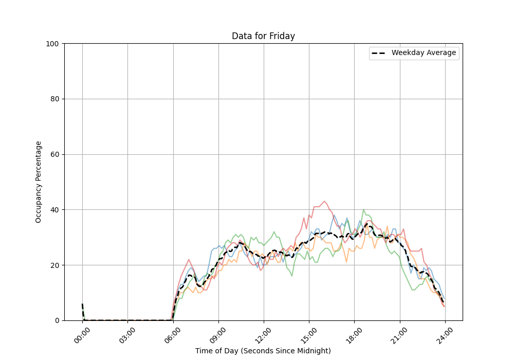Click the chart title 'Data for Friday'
pyautogui.click(x=263, y=36)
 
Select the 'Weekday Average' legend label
pyautogui.click(x=424, y=53)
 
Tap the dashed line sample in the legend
pyautogui.click(x=380, y=53)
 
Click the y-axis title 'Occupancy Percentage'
pyautogui.click(x=39, y=182)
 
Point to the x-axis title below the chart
pyautogui.click(x=263, y=351)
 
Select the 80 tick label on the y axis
pyautogui.click(x=53, y=99)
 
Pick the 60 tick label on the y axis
pyautogui.click(x=53, y=154)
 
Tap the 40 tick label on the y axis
pyautogui.click(x=53, y=210)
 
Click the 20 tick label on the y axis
pyautogui.click(x=53, y=265)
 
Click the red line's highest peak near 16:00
pyautogui.click(x=324, y=201)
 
